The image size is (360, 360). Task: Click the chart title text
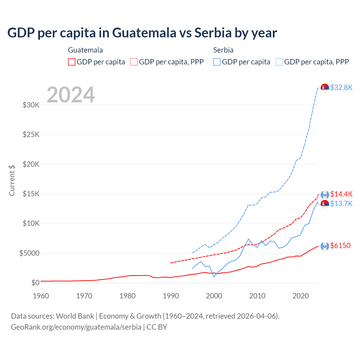coord(142,33)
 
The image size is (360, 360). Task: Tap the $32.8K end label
coord(341,87)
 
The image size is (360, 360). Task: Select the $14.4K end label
coord(341,194)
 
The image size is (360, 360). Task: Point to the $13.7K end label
coord(341,204)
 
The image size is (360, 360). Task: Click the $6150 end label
coord(340,246)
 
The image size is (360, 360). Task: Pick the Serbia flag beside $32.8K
coord(325,88)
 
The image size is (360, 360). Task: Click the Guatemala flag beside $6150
coord(325,246)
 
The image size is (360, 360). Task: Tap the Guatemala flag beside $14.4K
coord(325,195)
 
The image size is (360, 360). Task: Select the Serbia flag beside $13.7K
coord(325,204)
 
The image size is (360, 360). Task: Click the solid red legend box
coord(72,62)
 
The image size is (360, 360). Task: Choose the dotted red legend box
coord(134,62)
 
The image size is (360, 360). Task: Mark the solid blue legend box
coord(217,62)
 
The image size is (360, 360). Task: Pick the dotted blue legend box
coord(279,62)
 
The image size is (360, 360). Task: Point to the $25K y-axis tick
coord(31,134)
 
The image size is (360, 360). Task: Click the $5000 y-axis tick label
coord(29,253)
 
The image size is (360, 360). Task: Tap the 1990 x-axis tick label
coord(171,296)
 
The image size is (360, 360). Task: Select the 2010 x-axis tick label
coord(257,296)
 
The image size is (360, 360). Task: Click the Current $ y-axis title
coord(12,180)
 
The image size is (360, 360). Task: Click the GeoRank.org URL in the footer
coord(76,327)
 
